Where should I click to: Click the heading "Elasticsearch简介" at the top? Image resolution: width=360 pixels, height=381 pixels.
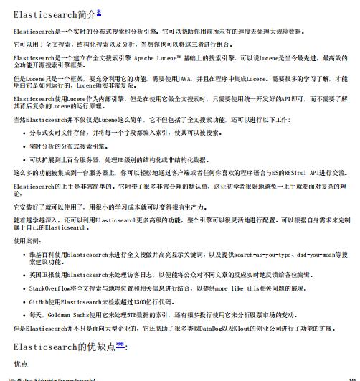coord(55,14)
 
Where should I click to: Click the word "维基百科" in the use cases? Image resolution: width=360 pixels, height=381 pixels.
coord(42,255)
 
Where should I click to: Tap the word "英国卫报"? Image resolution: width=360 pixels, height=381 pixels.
coord(42,274)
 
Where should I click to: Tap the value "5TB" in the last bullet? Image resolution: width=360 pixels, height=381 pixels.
coord(136,314)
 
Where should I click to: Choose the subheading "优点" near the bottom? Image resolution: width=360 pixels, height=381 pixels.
coord(22,364)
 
